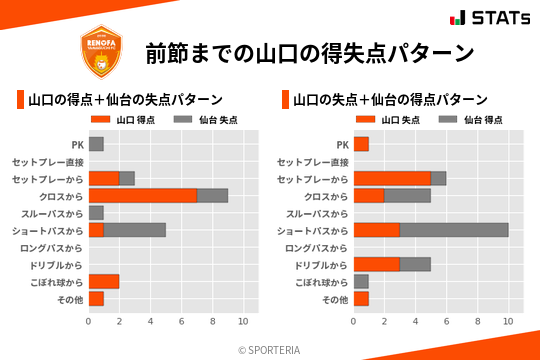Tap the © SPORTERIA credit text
(270, 350)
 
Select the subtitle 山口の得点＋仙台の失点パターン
(125, 100)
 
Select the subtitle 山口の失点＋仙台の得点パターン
(390, 100)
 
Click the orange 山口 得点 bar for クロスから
(142, 196)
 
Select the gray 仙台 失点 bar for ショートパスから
(135, 230)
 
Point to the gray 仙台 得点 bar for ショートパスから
(454, 230)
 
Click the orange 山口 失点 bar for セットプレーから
(392, 179)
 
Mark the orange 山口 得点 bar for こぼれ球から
(104, 281)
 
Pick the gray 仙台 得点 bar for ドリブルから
(415, 264)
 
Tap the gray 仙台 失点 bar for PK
(96, 145)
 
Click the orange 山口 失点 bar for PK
(361, 145)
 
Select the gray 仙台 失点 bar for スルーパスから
(96, 213)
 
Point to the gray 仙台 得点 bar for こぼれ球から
(361, 281)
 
